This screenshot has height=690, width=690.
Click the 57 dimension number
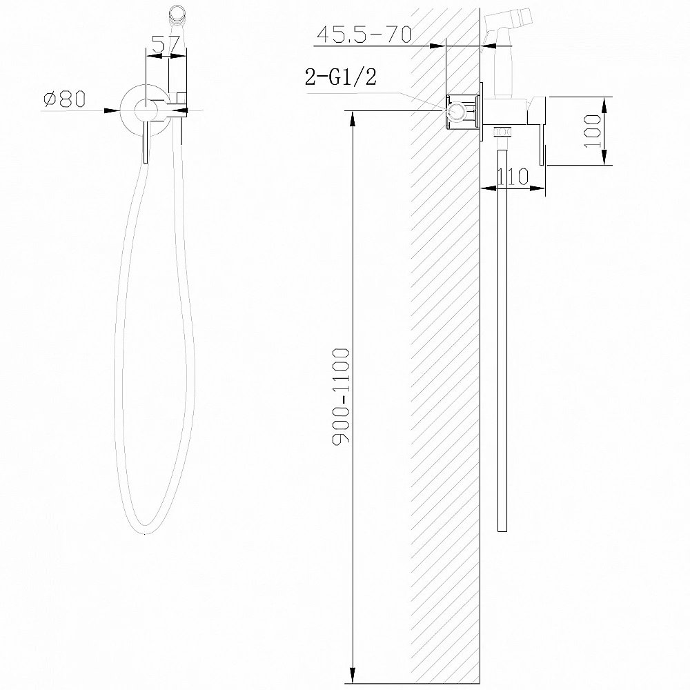[x=166, y=44]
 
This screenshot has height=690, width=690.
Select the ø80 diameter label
[x=64, y=99]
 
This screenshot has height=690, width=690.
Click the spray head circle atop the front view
[x=177, y=12]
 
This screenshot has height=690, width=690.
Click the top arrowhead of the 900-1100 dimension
[x=353, y=117]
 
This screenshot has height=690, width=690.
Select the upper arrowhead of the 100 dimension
[x=605, y=103]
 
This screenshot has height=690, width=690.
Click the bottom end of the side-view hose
[x=503, y=529]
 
